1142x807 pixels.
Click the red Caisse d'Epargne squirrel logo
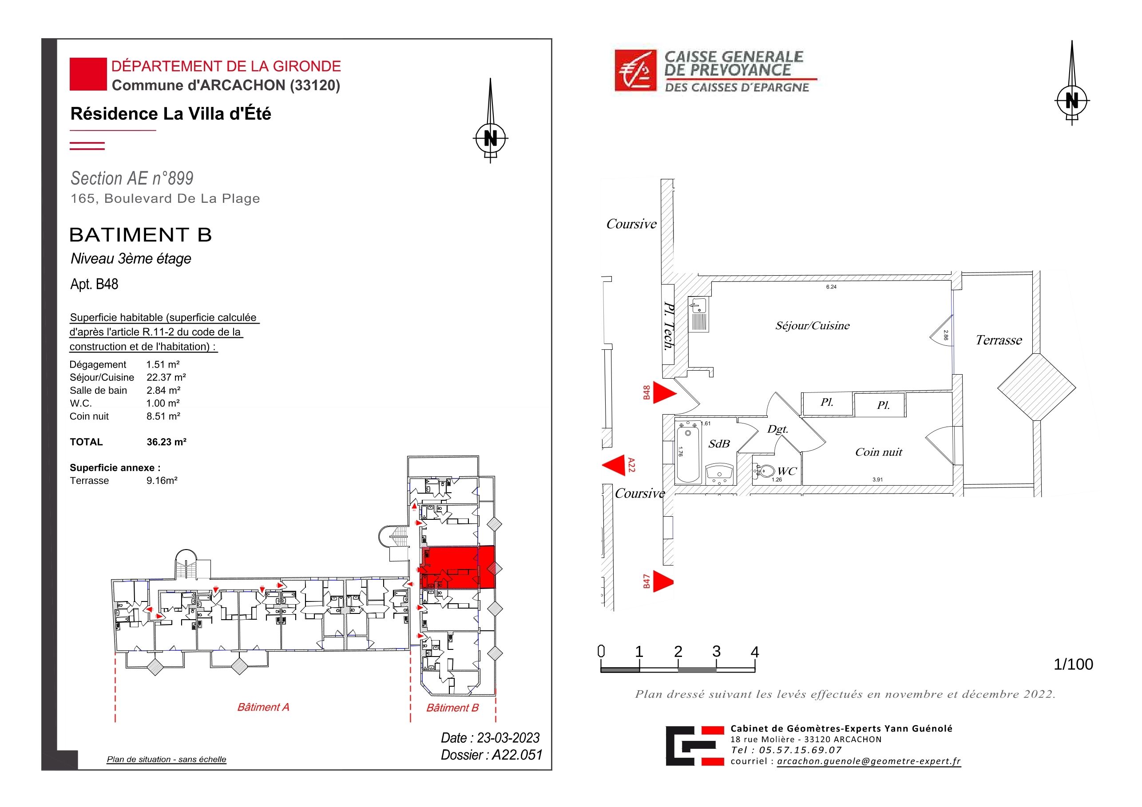(636, 71)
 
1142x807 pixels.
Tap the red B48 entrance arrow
(665, 393)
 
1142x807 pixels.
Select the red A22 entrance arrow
(613, 465)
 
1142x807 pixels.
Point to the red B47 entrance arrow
(663, 581)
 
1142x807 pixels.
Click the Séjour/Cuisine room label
(812, 326)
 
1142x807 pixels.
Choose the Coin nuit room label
(878, 452)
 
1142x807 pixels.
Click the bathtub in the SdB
(688, 454)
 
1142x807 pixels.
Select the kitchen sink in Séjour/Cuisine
(698, 315)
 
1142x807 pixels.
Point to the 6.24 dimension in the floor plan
(831, 287)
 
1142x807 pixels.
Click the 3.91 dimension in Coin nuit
(877, 480)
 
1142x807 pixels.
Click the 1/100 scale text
(1073, 665)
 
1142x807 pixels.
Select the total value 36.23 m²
(166, 442)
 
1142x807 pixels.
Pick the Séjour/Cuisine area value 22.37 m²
(166, 377)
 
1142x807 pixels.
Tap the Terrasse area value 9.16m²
(162, 480)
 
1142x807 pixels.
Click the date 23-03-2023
(508, 738)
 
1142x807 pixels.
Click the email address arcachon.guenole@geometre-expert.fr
(868, 761)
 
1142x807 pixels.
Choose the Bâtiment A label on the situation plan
(263, 707)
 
